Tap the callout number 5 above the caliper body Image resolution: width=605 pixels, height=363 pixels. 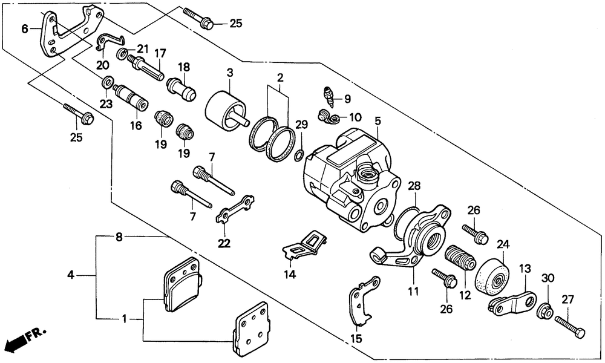tap(378, 121)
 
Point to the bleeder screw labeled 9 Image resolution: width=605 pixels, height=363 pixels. tap(328, 97)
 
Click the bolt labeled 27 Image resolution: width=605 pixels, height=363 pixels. tap(570, 327)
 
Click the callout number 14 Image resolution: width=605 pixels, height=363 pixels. tap(290, 274)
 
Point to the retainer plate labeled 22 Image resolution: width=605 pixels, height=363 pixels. tap(235, 209)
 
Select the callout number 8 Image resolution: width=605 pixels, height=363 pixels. tap(119, 237)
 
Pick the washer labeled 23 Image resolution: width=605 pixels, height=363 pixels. tap(107, 82)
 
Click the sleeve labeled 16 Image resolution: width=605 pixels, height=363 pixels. tap(131, 97)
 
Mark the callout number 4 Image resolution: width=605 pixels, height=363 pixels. tap(70, 275)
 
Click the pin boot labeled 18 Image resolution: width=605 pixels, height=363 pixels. tap(181, 88)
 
